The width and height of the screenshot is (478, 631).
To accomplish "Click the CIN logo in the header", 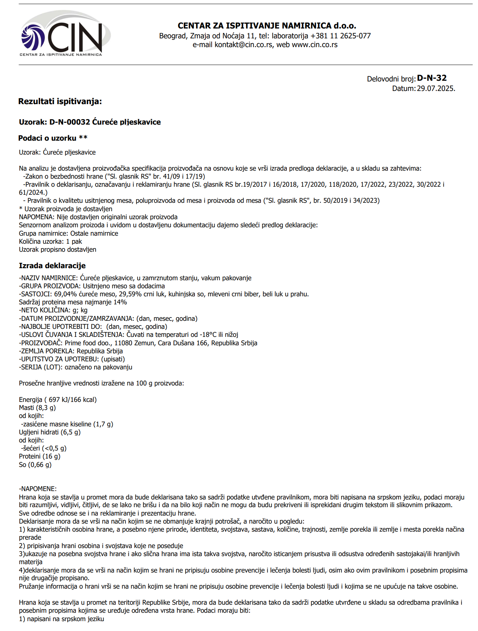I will point(66,34).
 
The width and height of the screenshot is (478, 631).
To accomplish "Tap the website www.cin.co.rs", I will point(315,45).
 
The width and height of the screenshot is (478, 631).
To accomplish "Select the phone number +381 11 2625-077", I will point(340,36).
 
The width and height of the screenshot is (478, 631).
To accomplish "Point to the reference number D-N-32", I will point(432,78).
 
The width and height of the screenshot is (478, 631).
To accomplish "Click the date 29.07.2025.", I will point(436,88).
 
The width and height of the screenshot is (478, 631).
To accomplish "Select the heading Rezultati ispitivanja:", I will point(60,102).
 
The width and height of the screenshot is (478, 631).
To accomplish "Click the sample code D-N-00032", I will point(70,122).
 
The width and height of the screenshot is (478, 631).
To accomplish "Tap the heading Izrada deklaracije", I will point(52,266).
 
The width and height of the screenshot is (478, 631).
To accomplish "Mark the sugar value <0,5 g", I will point(54,448).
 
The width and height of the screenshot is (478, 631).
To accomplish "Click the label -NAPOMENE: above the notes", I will point(38,489).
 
